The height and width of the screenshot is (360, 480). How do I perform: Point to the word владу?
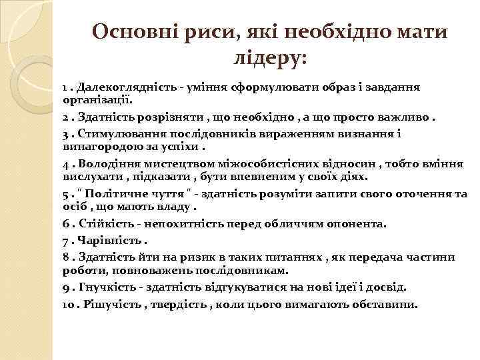(x=172, y=207)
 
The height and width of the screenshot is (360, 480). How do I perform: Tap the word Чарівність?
(x=108, y=240)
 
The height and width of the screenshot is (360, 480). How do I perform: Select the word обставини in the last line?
(x=386, y=305)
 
